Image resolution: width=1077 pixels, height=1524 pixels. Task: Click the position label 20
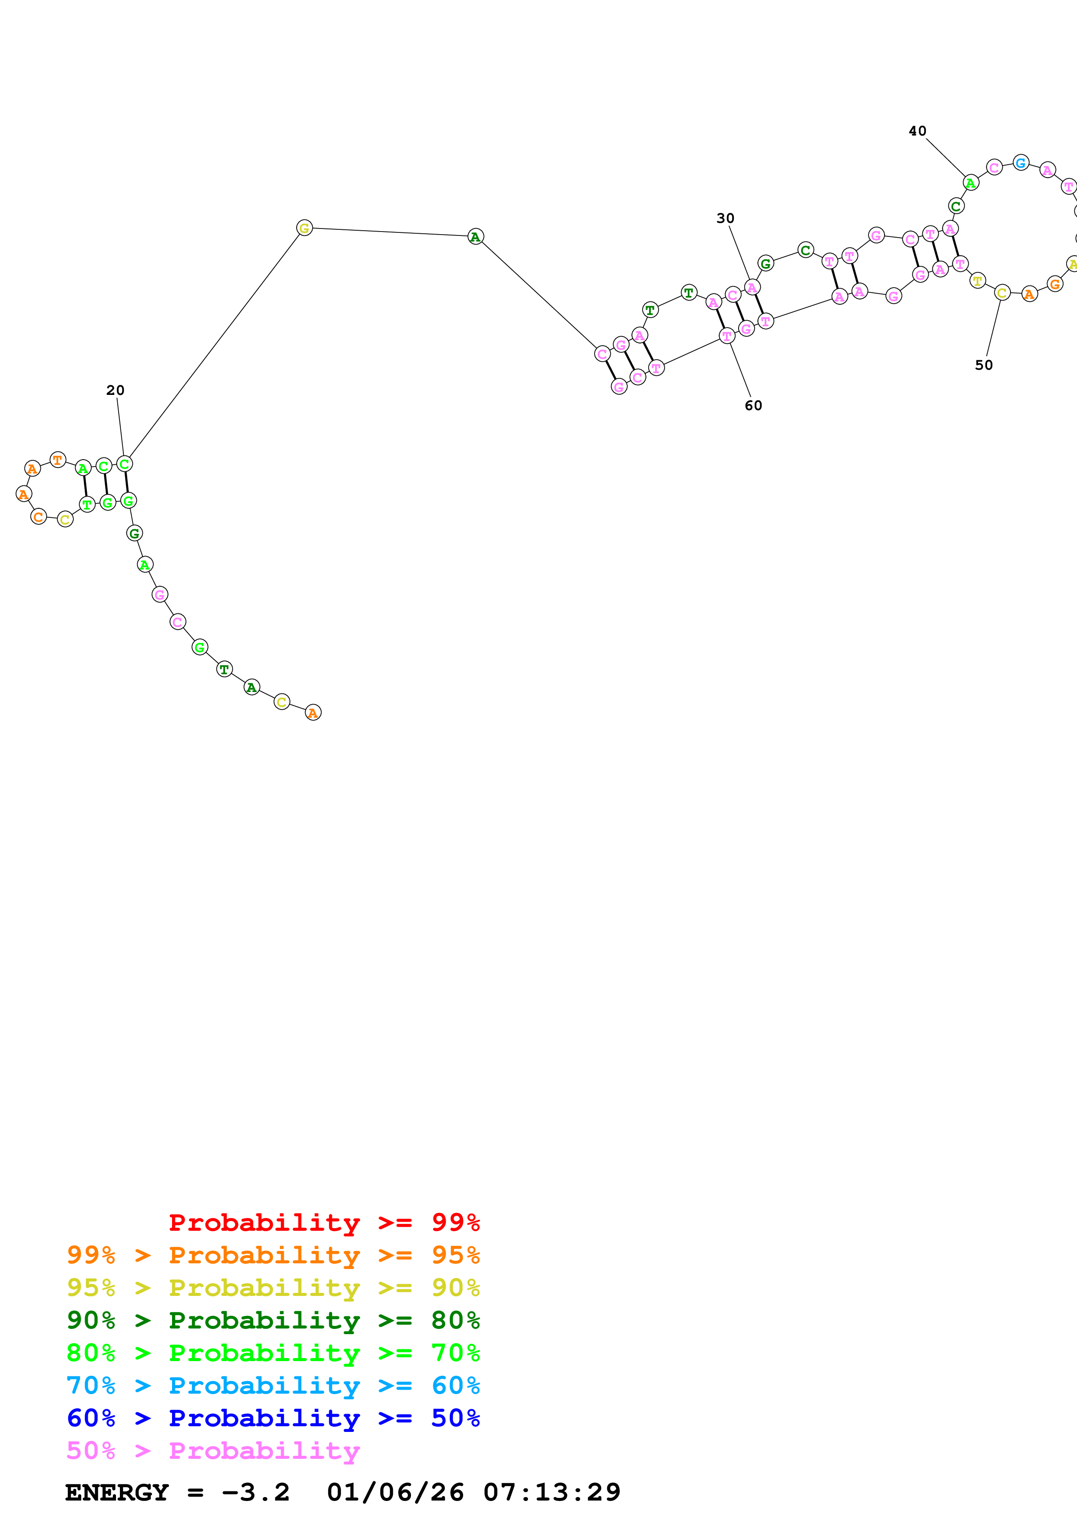(116, 390)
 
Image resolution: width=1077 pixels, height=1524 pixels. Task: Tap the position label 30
(725, 219)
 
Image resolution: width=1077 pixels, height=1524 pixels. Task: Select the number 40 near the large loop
(918, 132)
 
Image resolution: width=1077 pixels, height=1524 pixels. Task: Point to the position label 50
(984, 365)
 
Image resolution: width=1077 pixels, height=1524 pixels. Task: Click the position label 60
(753, 406)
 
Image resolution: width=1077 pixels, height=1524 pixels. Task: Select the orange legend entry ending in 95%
(273, 1255)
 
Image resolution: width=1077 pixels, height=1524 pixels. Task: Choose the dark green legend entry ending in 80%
(273, 1320)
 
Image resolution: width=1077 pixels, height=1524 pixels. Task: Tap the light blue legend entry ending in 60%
(273, 1385)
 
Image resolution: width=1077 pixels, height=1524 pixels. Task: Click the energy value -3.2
(256, 1493)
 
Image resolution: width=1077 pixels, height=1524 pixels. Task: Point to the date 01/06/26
(395, 1493)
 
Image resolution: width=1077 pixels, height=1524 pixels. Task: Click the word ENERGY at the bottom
(117, 1493)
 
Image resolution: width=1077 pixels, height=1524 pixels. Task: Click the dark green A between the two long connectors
(475, 237)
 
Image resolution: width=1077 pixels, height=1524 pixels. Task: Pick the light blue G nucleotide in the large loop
(1021, 162)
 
